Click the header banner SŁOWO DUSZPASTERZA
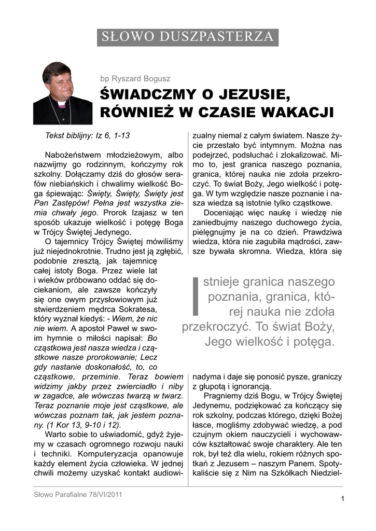pos(188,37)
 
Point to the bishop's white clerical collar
pos(62,104)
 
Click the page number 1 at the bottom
pos(343,499)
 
